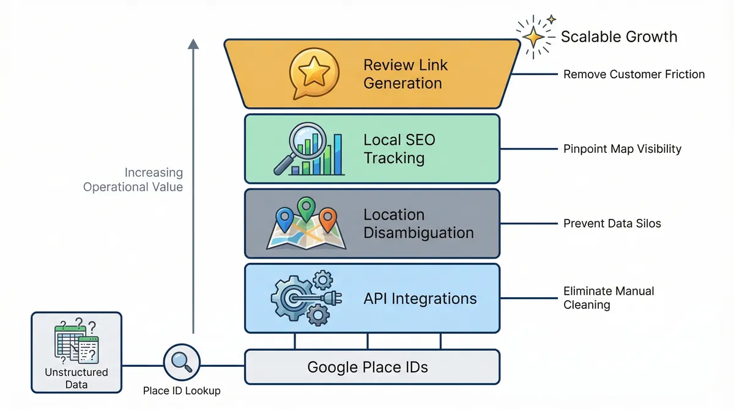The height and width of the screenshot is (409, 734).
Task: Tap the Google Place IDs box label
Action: tap(367, 367)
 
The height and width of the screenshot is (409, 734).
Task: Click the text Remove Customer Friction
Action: tap(634, 75)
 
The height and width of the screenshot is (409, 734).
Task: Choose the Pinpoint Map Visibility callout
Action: tap(622, 149)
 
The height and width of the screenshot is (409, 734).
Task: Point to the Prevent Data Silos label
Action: tap(612, 223)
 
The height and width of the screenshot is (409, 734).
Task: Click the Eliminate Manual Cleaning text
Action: tap(608, 298)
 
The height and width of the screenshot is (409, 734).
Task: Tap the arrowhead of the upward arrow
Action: tap(193, 44)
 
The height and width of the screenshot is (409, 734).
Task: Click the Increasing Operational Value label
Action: tap(133, 180)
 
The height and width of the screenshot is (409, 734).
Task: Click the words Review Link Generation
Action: tap(405, 74)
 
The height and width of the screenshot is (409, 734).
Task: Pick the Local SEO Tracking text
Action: tap(399, 149)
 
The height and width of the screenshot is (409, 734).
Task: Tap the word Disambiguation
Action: tap(418, 233)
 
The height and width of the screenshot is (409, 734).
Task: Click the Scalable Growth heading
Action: tap(619, 37)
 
